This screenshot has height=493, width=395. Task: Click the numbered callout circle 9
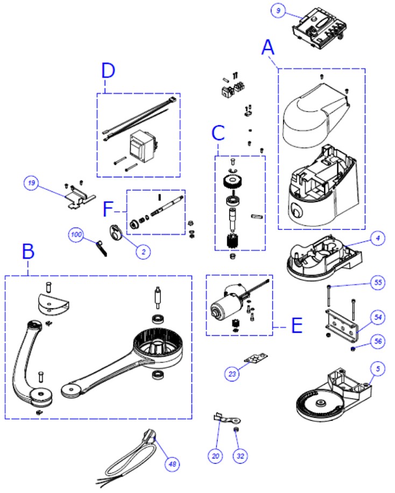coord(277,10)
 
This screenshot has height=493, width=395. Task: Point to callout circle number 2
coord(143,251)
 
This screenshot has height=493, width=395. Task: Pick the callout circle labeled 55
coord(378,283)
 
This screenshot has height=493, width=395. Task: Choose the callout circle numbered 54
coord(378,318)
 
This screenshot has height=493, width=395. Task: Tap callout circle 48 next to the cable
coord(173,463)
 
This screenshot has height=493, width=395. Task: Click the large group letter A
coord(269,48)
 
